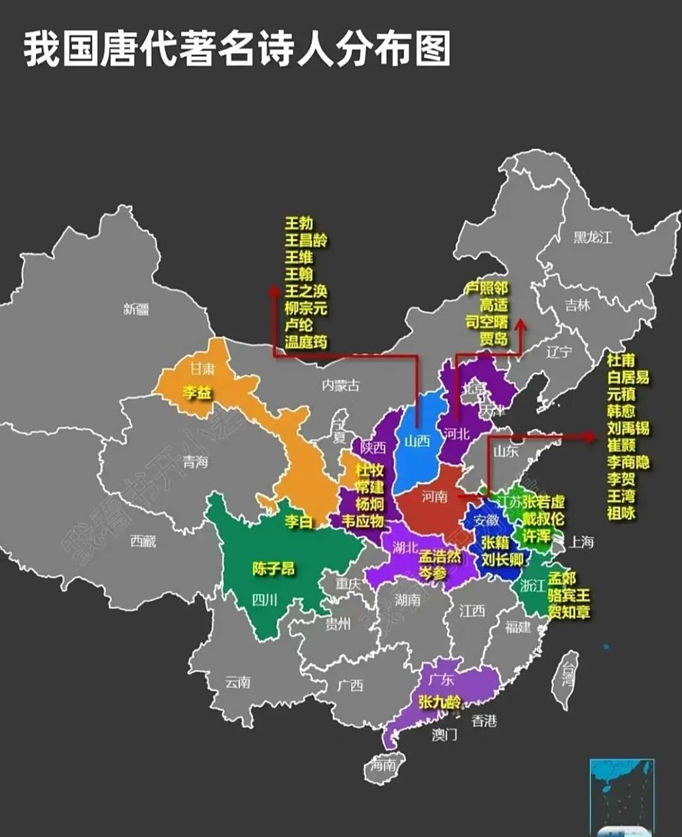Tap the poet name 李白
[298, 521]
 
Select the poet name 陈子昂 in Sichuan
[273, 568]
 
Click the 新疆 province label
[136, 309]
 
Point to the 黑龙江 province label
[592, 237]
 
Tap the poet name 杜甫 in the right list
[621, 360]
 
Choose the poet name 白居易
[628, 377]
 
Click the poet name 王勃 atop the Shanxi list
[298, 224]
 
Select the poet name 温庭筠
[305, 341]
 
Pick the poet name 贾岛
[493, 339]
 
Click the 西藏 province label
[143, 541]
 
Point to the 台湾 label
[568, 674]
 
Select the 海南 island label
[383, 764]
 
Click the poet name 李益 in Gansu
[196, 392]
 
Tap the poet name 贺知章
[568, 612]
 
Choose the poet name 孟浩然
[439, 557]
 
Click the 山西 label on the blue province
[417, 441]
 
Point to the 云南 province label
[237, 682]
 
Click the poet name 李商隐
[628, 462]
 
